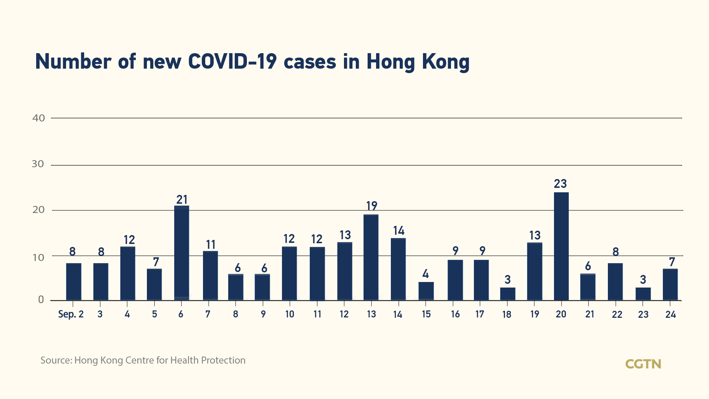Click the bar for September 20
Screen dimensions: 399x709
561,246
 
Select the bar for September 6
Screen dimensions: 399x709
182,253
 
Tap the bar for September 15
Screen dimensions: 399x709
426,291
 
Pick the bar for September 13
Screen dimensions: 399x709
371,257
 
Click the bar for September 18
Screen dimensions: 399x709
507,294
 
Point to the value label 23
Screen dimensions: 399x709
560,184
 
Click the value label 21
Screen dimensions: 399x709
182,200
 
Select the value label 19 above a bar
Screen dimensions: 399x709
371,206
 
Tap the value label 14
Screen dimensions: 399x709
399,231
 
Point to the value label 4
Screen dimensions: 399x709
426,274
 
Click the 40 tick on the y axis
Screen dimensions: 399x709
39,118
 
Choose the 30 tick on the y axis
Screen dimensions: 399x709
38,164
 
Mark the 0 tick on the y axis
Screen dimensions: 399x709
41,300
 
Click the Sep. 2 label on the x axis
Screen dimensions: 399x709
71,314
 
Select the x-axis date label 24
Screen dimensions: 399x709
670,314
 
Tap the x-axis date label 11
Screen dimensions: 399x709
317,314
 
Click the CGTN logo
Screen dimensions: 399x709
643,364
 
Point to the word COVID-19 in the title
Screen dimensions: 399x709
232,61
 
